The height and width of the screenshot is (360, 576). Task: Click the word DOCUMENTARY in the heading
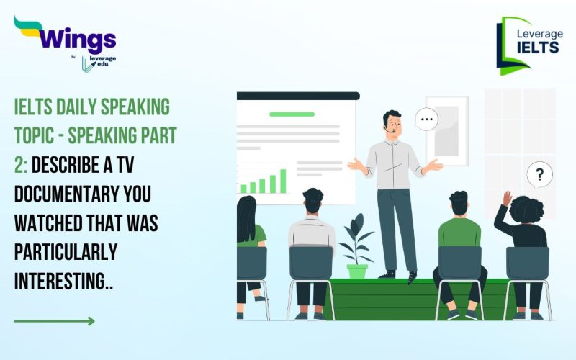[x=60, y=195]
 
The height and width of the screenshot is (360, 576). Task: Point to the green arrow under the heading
[x=54, y=320]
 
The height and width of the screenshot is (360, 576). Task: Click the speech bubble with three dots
[x=427, y=119]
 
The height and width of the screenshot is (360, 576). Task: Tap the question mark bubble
[x=539, y=174]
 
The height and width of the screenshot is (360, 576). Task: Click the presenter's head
[x=392, y=123]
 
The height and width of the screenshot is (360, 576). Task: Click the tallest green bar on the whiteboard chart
[x=283, y=181]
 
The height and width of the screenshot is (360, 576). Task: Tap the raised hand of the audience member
[x=507, y=198]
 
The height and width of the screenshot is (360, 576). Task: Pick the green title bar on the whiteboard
[x=292, y=114]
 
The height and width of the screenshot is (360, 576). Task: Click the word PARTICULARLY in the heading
[x=66, y=251]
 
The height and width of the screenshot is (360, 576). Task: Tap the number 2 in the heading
[x=19, y=168]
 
